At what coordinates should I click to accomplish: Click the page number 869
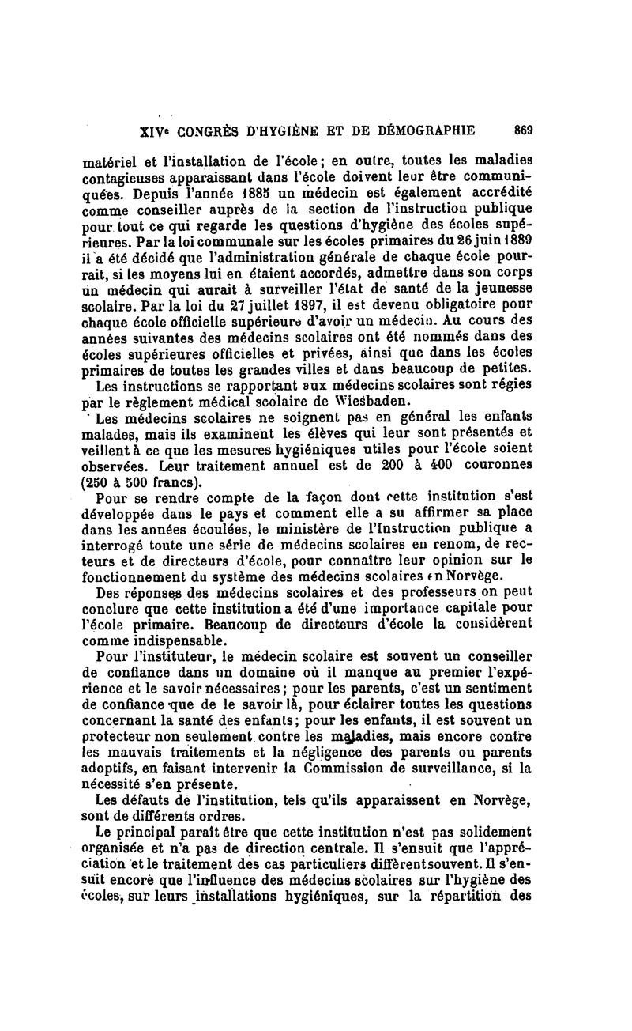tap(523, 130)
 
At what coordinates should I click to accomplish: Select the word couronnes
tap(492, 465)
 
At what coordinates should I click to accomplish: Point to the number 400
tap(428, 465)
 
